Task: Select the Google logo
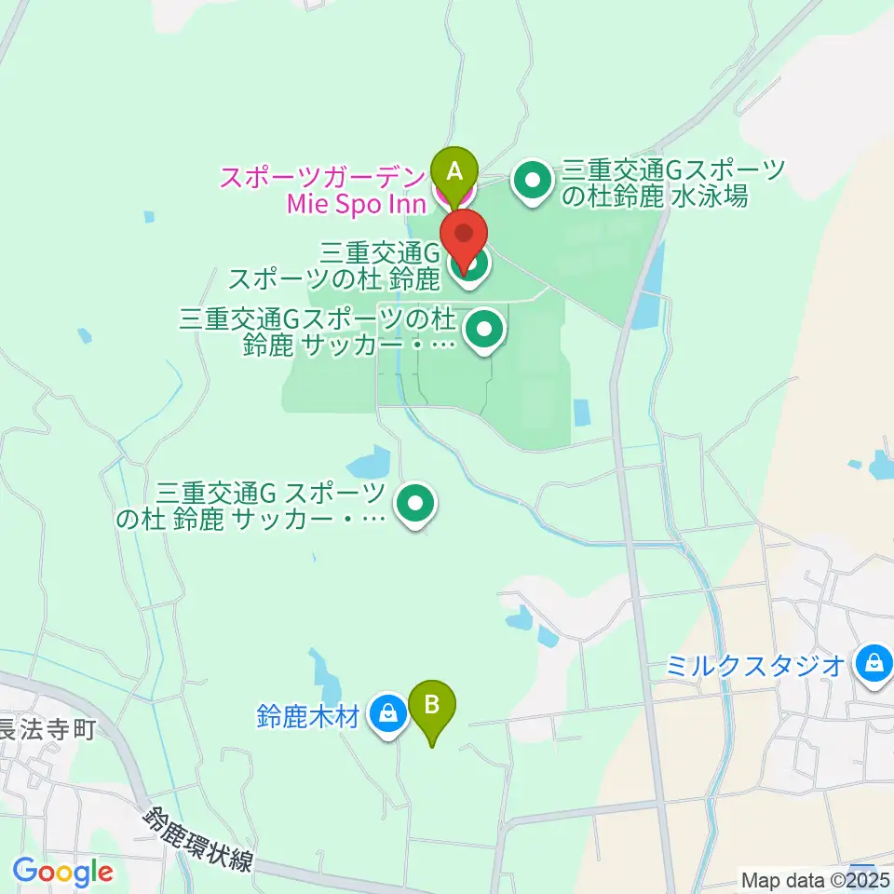point(62,873)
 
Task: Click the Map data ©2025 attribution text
point(816,878)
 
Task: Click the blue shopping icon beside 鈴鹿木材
point(388,715)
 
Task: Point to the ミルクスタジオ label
point(755,665)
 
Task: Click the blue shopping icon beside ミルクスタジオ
point(874,663)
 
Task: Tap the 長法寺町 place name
point(47,728)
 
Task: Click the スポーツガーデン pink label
point(322,175)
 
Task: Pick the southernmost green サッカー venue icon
point(414,505)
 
